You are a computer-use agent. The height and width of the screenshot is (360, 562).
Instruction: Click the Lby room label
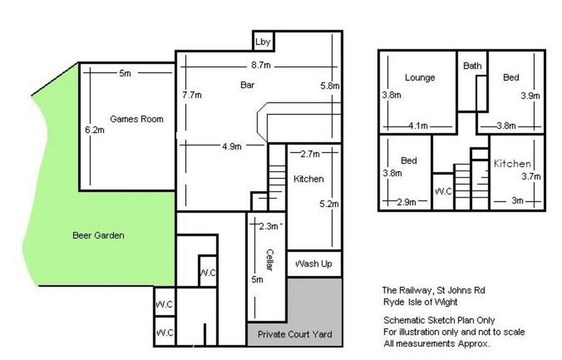[x=263, y=42]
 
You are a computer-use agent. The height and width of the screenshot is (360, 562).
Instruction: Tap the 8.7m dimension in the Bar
[x=261, y=66]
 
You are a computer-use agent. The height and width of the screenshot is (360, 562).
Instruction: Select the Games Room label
[x=137, y=119]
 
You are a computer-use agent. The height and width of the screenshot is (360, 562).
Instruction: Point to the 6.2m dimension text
[x=95, y=130]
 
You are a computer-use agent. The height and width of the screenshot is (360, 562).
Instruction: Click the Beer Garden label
[x=98, y=235]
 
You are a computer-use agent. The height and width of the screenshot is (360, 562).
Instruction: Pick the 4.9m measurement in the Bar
[x=232, y=146]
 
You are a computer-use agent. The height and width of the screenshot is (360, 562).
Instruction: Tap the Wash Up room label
[x=313, y=264]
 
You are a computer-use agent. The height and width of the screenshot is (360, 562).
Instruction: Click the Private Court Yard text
[x=294, y=334]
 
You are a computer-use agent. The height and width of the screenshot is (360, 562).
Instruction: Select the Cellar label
[x=270, y=260]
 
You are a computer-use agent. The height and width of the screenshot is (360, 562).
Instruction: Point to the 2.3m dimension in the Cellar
[x=269, y=227]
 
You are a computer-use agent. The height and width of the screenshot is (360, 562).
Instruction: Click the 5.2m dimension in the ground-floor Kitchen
[x=329, y=204]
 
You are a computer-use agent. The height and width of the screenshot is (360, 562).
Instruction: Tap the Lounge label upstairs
[x=420, y=78]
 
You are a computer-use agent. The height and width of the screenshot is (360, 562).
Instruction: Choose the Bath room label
[x=473, y=66]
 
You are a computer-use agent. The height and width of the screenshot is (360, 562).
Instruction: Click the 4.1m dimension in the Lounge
[x=418, y=126]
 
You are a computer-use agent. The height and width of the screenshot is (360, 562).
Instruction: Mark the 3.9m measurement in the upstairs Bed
[x=530, y=96]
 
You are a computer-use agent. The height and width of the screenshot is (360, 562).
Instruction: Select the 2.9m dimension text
[x=406, y=202]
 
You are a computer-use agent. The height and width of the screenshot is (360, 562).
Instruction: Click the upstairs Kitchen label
[x=512, y=164]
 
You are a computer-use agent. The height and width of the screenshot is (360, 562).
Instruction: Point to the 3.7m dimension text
[x=531, y=176]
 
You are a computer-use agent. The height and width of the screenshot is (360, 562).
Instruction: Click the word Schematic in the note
[x=405, y=320]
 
